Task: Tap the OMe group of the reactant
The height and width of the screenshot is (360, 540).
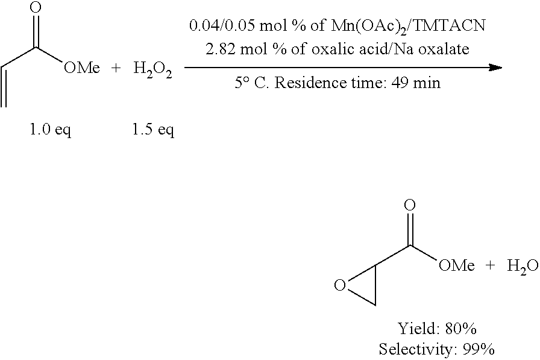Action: tap(81, 68)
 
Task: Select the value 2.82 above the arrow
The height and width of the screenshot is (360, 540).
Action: tap(219, 49)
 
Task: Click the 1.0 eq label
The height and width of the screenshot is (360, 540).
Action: tap(51, 130)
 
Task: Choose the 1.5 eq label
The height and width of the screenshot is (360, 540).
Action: tap(153, 130)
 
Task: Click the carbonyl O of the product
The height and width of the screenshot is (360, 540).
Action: tap(410, 205)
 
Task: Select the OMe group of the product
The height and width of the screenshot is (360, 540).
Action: tap(456, 265)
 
